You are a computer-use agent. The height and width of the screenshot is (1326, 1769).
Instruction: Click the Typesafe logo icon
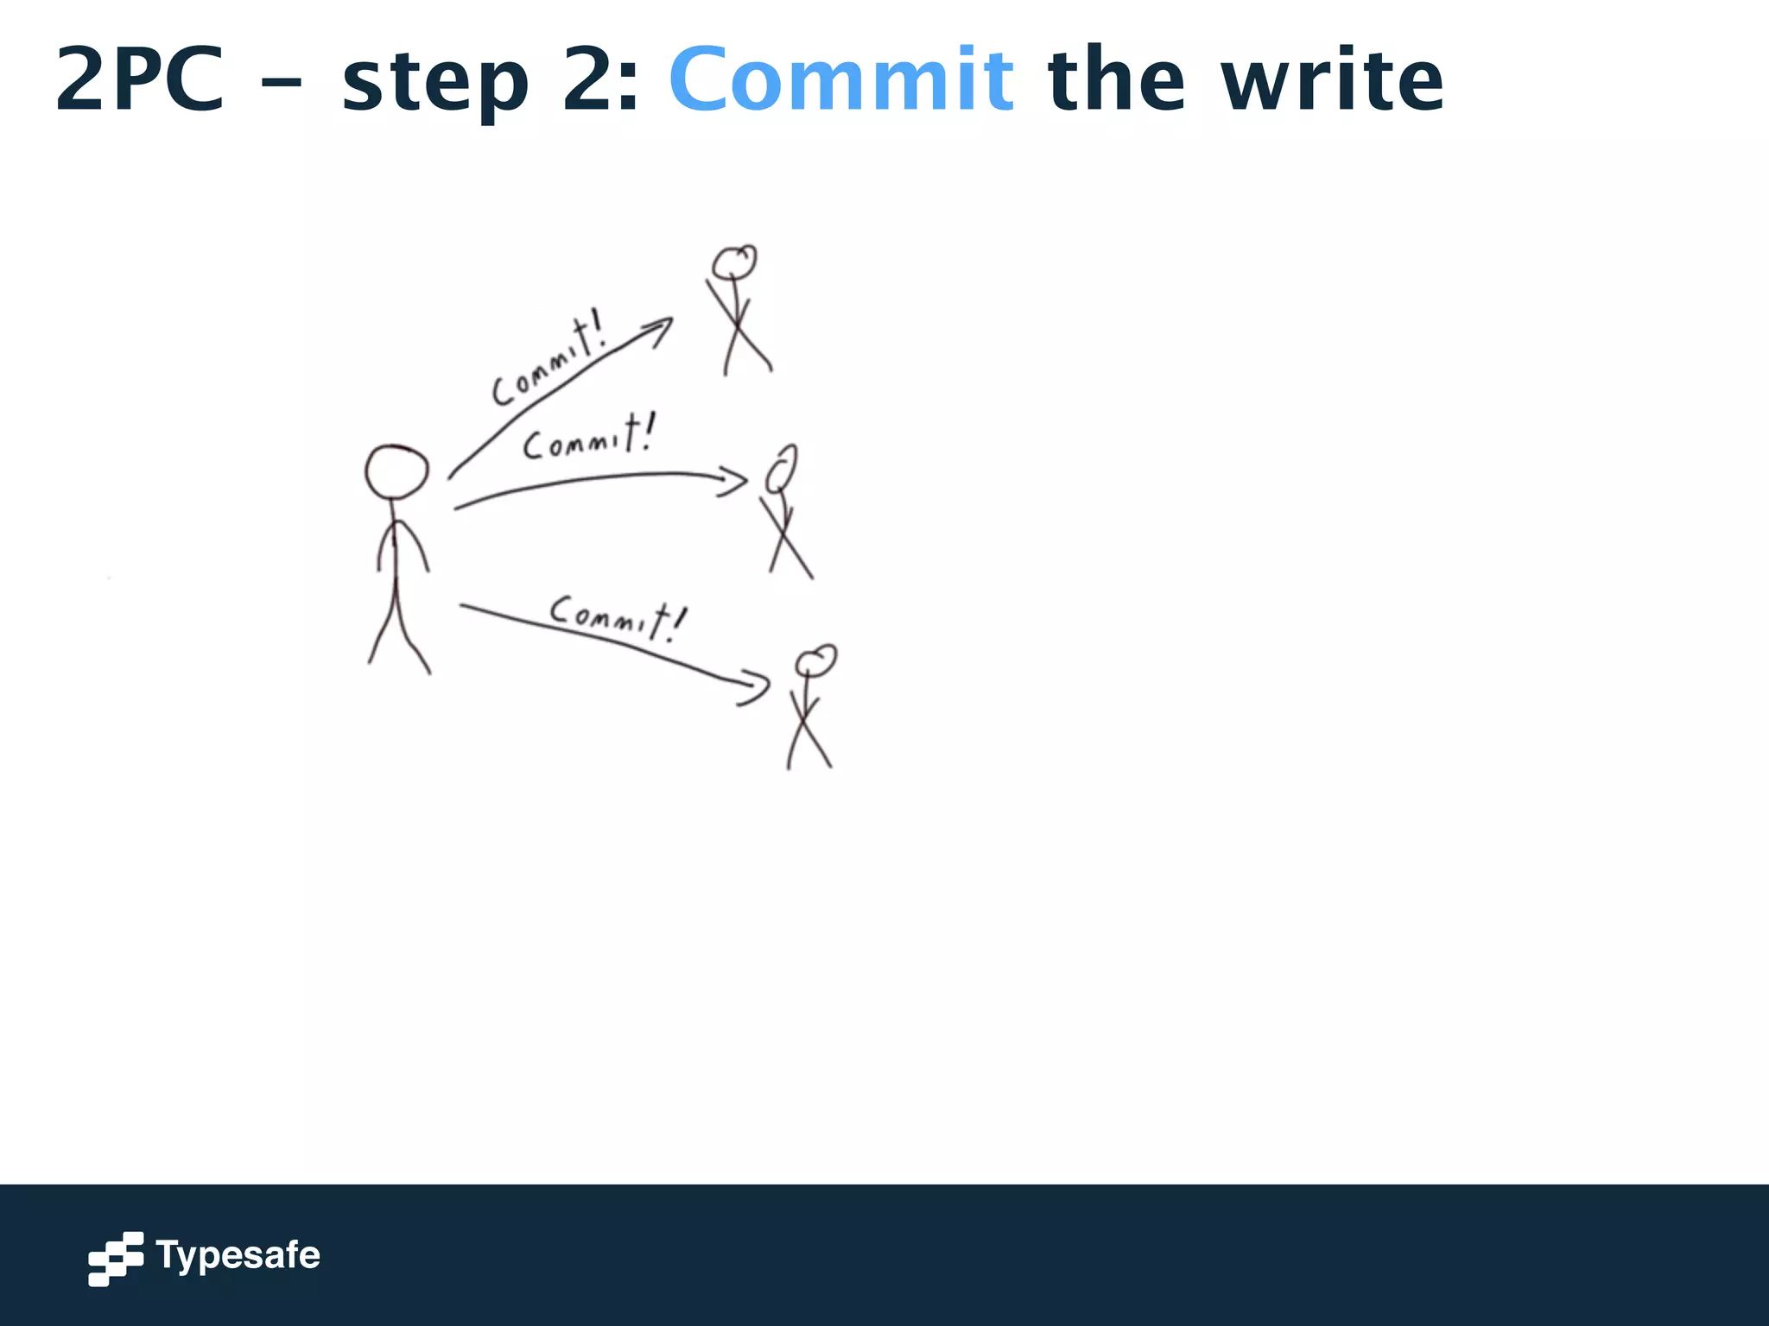(x=116, y=1258)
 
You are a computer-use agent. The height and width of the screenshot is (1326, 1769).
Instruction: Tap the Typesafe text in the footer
(x=238, y=1255)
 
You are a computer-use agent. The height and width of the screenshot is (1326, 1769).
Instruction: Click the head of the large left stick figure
(x=396, y=472)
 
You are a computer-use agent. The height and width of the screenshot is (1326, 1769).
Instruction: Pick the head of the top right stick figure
(x=734, y=262)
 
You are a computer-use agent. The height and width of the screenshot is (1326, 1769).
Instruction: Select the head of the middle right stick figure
(x=782, y=469)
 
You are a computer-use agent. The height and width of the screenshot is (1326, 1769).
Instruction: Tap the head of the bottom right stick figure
(x=815, y=661)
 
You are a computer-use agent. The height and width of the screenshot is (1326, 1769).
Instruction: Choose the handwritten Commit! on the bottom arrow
(x=618, y=616)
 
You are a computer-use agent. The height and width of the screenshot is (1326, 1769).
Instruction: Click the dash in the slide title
(x=282, y=84)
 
